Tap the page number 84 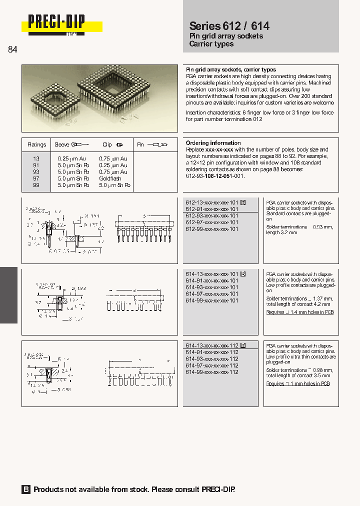[x=13, y=49]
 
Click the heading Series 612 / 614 [x=229, y=26]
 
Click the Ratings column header [x=36, y=144]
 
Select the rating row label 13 [x=36, y=158]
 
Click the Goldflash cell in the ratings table [x=110, y=178]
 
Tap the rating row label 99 [x=36, y=185]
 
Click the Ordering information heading [x=213, y=143]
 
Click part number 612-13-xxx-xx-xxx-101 [x=212, y=202]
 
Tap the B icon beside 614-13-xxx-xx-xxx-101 [x=243, y=274]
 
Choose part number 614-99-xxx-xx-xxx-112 [x=212, y=372]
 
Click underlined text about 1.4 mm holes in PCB [x=300, y=312]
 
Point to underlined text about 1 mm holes [x=298, y=383]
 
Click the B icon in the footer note [x=26, y=489]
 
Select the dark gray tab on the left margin [x=8, y=295]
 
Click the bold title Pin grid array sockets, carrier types [x=231, y=70]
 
